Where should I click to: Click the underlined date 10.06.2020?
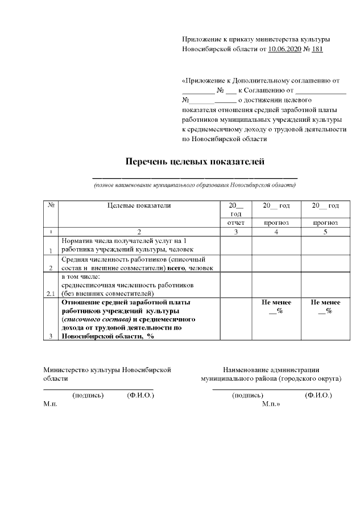point(284,49)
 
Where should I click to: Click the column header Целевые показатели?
point(139,206)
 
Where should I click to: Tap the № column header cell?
point(51,206)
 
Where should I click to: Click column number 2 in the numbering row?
point(139,232)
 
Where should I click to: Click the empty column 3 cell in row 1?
point(235,245)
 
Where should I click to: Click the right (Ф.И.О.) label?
point(318,395)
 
